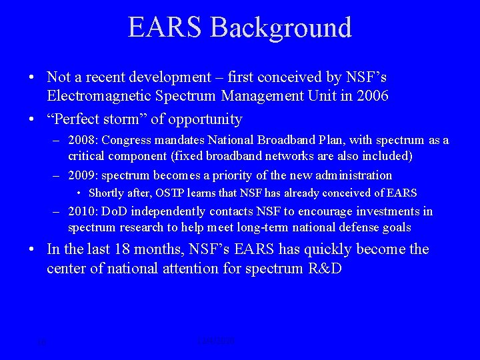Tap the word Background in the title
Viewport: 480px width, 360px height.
[x=280, y=27]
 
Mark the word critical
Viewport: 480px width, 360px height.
[x=87, y=156]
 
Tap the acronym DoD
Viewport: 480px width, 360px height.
[x=118, y=212]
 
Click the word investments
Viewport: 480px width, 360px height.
[x=387, y=212]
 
